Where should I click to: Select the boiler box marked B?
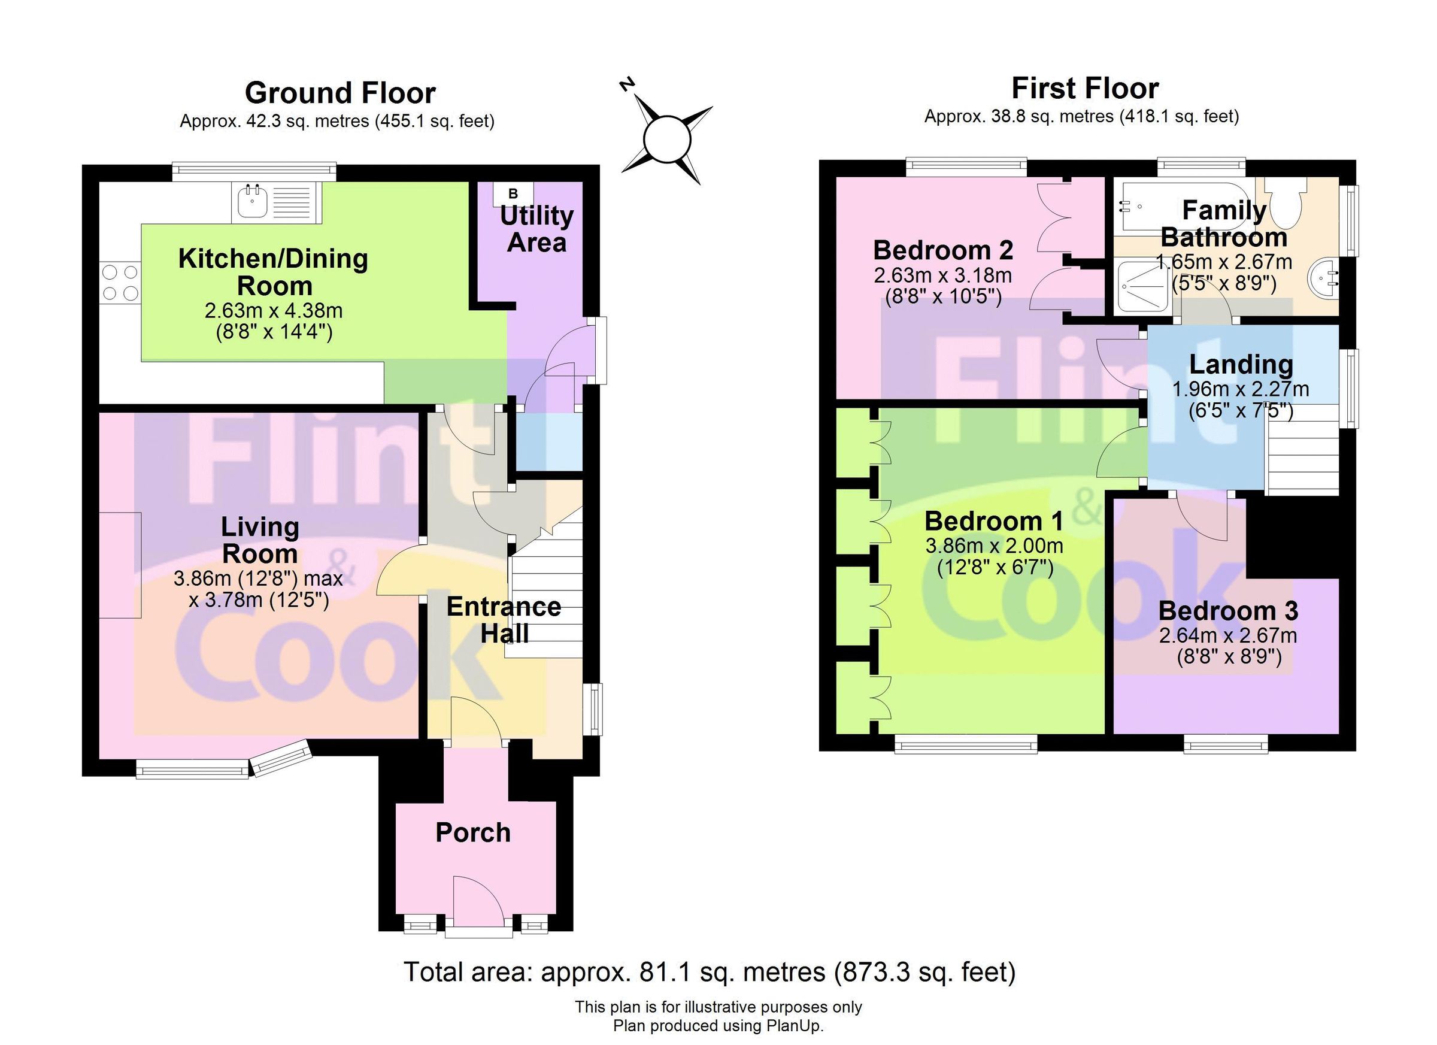pyautogui.click(x=513, y=193)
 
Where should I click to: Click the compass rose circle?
pyautogui.click(x=666, y=139)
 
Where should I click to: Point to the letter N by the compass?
pyautogui.click(x=627, y=85)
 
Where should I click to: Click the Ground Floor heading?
pyautogui.click(x=340, y=93)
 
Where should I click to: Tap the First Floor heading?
pyautogui.click(x=1085, y=89)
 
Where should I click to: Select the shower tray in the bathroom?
pyautogui.click(x=1142, y=287)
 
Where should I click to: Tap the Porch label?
pyautogui.click(x=472, y=832)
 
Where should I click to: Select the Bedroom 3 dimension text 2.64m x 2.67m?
pyautogui.click(x=1228, y=635)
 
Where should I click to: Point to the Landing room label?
pyautogui.click(x=1241, y=364)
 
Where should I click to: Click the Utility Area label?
pyautogui.click(x=536, y=229)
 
